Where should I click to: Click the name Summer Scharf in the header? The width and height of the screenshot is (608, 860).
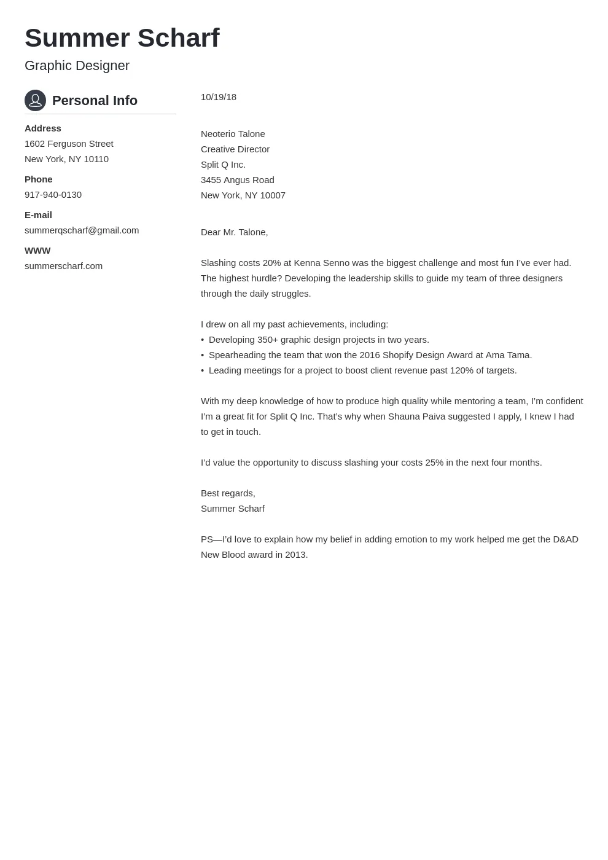[122, 38]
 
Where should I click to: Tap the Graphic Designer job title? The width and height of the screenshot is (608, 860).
[77, 66]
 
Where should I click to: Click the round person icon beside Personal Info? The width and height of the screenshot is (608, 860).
[35, 100]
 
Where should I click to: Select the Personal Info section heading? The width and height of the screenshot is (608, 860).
[95, 101]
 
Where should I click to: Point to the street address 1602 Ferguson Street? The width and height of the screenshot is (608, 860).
[69, 144]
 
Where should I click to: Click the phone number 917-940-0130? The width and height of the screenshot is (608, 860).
[53, 195]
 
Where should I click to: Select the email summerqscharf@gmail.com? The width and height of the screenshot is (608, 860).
[82, 230]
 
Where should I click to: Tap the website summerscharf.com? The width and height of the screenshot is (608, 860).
[63, 266]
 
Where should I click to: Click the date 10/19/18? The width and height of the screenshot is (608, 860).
[219, 97]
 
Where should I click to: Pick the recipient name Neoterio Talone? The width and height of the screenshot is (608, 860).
[233, 134]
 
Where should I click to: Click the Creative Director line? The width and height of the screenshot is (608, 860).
[235, 149]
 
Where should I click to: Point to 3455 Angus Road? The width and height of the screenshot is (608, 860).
[238, 180]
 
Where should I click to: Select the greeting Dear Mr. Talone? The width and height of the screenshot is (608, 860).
[235, 232]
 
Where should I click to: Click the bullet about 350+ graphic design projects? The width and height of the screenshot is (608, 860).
[319, 340]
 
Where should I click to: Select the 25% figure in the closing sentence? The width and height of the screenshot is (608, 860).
[434, 463]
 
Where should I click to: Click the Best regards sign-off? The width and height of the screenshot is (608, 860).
[228, 493]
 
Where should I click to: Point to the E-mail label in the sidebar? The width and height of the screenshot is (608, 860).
[38, 215]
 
